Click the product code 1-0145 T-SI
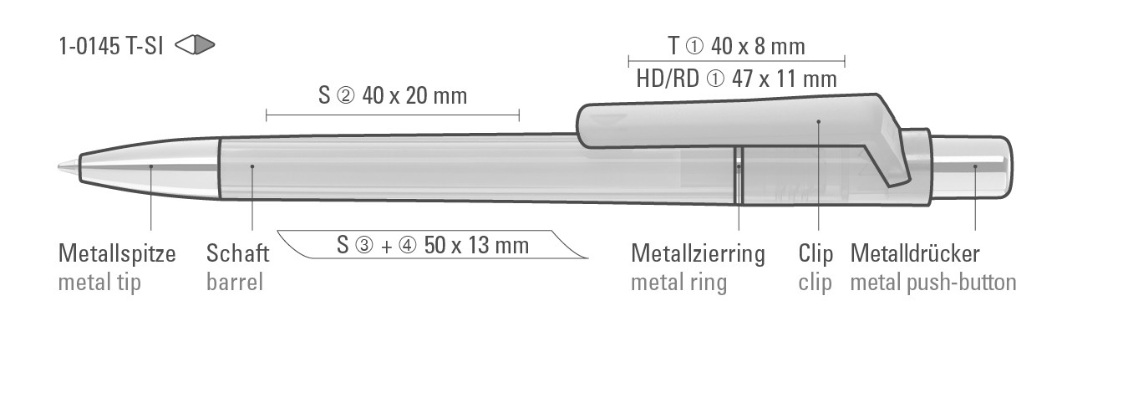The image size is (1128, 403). click(111, 46)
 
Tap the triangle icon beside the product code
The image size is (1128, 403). click(195, 45)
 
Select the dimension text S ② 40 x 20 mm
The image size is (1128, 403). click(393, 95)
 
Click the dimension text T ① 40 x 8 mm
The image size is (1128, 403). click(736, 46)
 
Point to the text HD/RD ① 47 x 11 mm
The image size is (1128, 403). click(736, 79)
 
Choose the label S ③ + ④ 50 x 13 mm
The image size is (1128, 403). click(433, 245)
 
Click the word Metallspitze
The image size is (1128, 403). click(117, 253)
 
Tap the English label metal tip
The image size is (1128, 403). click(99, 282)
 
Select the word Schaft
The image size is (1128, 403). click(237, 253)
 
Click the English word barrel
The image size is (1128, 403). click(235, 282)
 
